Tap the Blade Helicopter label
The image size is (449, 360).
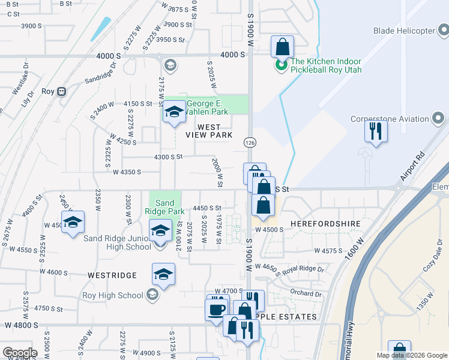tap(403, 31)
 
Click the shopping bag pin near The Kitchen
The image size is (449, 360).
tap(282, 47)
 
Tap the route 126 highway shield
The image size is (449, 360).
tap(250, 142)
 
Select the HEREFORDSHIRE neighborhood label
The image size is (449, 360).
tap(325, 223)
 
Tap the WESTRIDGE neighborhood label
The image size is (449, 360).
tap(112, 275)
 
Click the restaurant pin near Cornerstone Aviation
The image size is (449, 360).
tap(376, 131)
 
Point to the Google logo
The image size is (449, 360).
tap(19, 353)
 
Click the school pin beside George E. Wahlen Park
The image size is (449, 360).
tap(174, 112)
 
